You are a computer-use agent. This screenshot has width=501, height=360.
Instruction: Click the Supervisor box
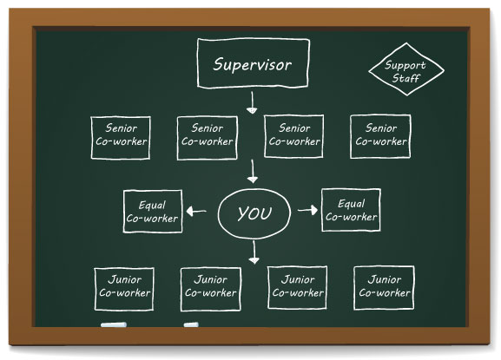point(252,64)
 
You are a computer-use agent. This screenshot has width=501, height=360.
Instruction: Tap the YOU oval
point(254,213)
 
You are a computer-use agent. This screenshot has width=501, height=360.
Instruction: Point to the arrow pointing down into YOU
point(253,172)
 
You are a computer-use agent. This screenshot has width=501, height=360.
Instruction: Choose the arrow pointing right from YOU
point(306,210)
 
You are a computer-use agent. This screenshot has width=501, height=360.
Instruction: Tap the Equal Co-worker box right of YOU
point(351,210)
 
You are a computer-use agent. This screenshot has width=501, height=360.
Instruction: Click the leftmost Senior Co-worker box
point(121,135)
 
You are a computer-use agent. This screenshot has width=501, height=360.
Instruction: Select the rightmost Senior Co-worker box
point(380,135)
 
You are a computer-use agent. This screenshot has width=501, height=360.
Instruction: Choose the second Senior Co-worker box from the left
point(207,136)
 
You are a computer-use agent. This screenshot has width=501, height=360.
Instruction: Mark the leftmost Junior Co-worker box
point(124,287)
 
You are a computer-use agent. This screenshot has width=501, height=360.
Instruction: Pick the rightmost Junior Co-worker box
point(384,287)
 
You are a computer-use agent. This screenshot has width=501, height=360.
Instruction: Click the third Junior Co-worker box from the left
point(297,287)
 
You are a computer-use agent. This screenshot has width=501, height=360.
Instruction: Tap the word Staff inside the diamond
point(405,79)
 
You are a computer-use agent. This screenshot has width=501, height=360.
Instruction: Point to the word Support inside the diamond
point(405,65)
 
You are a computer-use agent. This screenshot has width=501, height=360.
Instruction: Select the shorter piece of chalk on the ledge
point(191,325)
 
